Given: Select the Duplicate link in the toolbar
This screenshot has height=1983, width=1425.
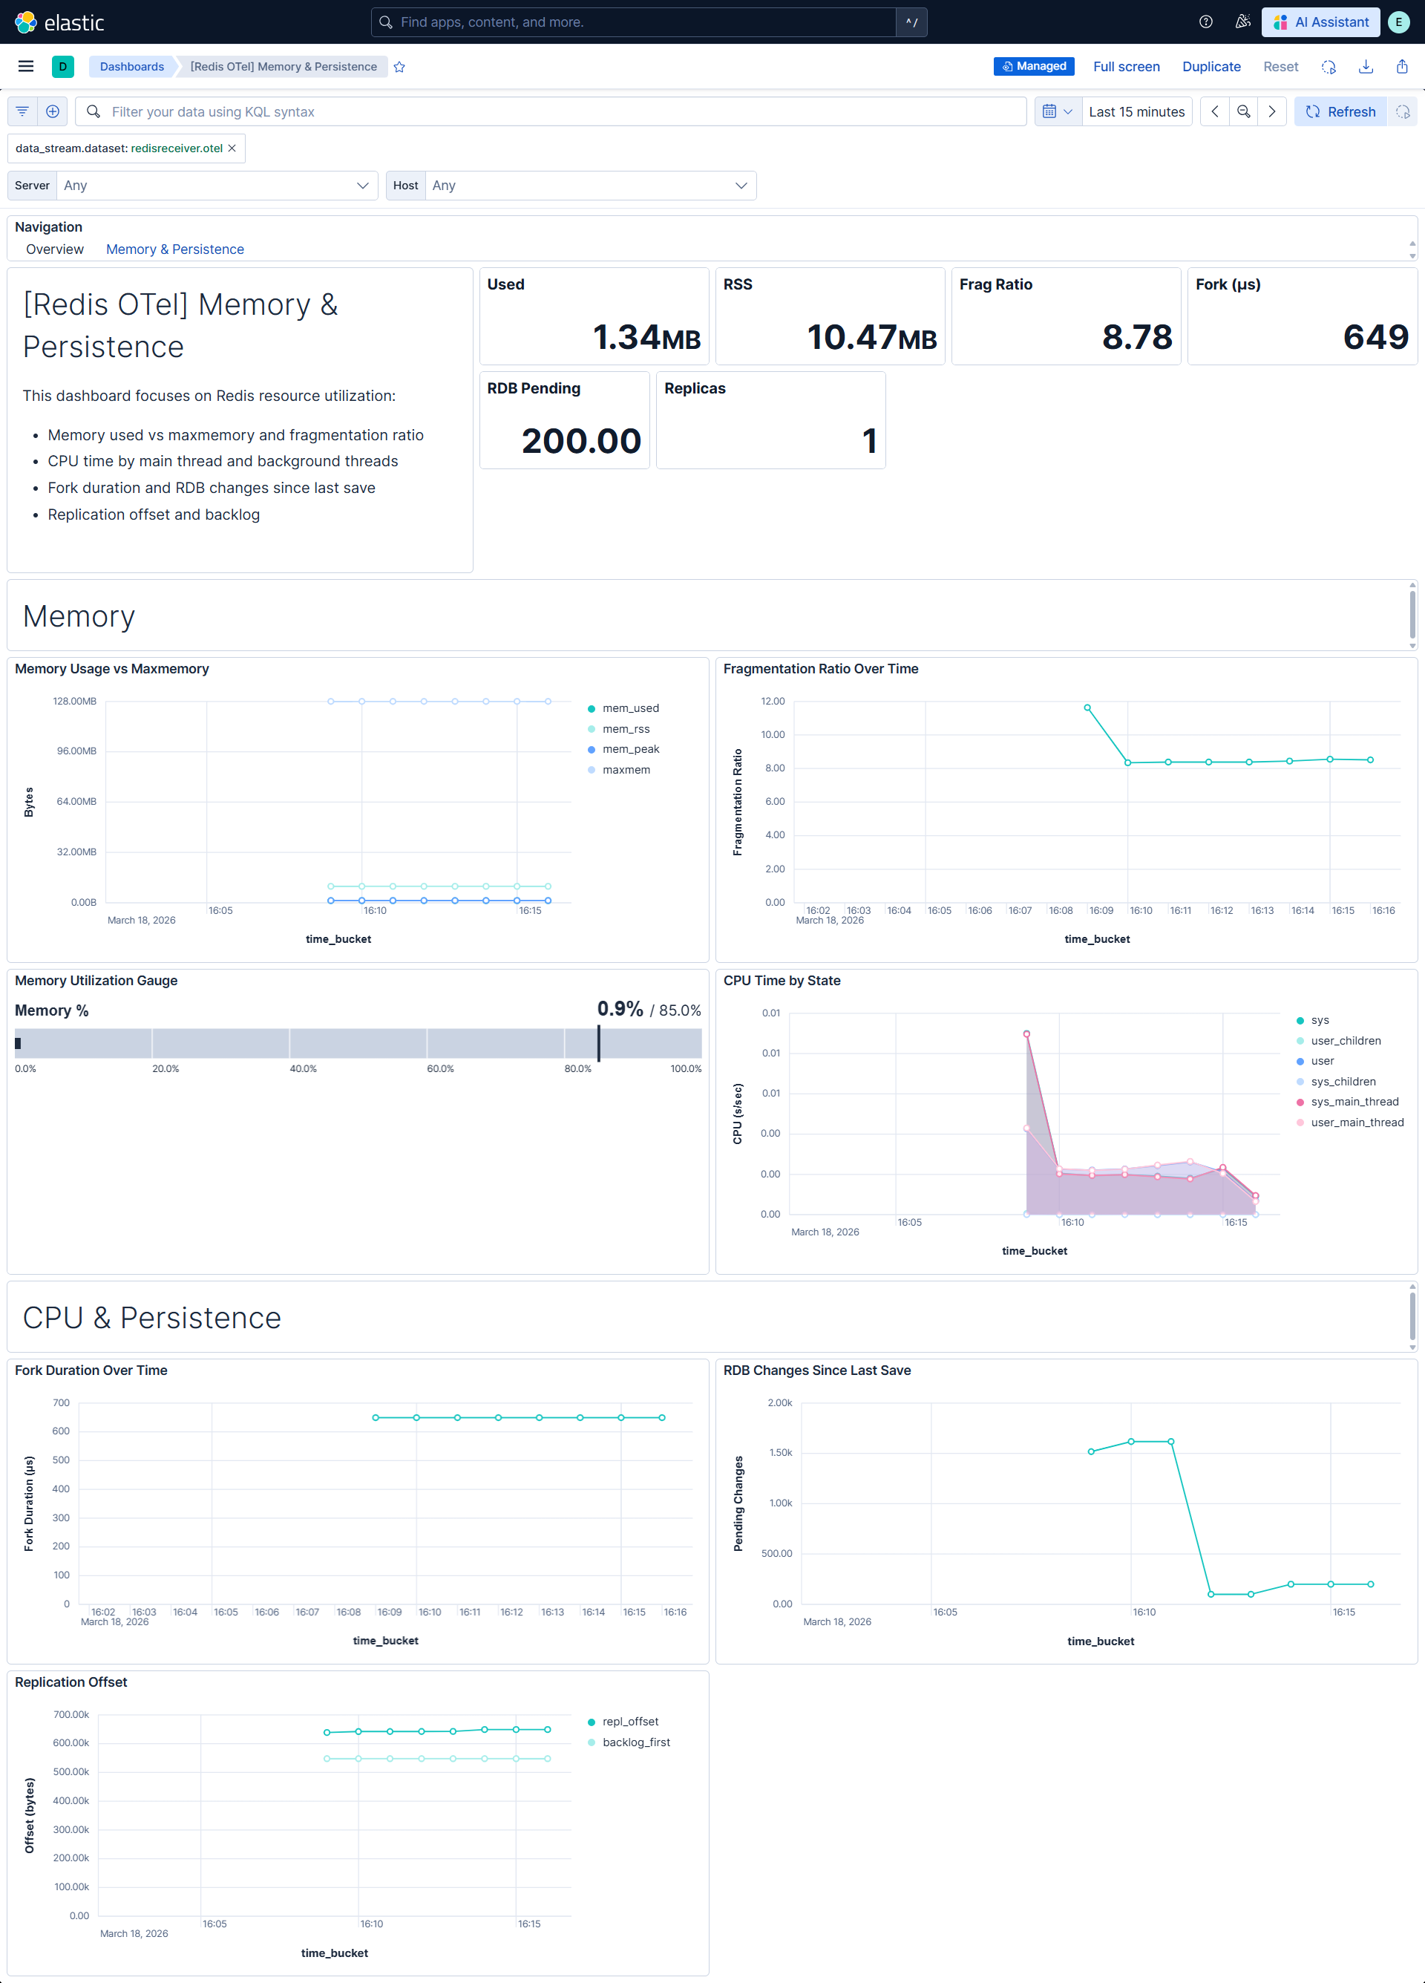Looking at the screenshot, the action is pos(1211,67).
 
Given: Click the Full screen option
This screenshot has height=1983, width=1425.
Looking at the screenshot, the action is pos(1126,67).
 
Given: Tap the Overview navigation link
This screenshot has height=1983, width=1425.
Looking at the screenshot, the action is pos(55,249).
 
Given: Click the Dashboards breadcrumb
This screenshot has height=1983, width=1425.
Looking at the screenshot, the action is pos(132,67).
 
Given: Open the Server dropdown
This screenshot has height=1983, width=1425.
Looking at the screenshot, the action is pos(217,186).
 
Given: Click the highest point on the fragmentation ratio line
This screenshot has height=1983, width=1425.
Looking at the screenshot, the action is pos(1087,708).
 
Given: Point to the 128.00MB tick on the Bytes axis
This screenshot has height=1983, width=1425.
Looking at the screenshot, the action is pos(75,702).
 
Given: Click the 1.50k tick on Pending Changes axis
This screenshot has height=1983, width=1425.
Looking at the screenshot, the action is pos(781,1452).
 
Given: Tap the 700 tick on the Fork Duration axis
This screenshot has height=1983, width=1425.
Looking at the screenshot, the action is pos(61,1402).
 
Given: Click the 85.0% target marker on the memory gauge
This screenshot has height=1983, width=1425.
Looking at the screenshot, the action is pos(599,1043).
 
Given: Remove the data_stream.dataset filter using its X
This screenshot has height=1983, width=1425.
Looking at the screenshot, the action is pos(232,148).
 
